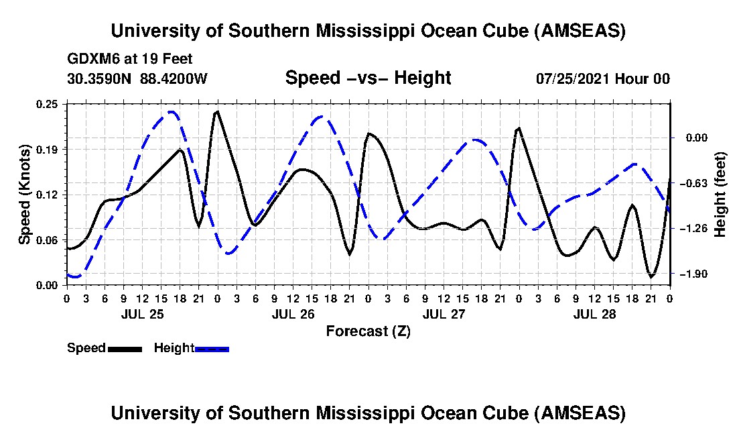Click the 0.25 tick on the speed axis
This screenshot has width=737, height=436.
[x=48, y=103]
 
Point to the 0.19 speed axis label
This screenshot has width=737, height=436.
[x=48, y=149]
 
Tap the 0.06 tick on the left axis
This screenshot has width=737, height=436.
[x=48, y=239]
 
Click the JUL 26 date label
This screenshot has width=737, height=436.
[x=293, y=314]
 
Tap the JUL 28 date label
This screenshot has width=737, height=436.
[x=594, y=314]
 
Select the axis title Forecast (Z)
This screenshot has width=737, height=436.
[x=368, y=331]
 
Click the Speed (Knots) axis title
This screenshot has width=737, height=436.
[x=24, y=194]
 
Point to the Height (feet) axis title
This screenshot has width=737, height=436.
[x=721, y=194]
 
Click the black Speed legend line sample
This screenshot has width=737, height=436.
[x=125, y=349]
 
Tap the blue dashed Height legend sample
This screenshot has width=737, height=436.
[x=212, y=349]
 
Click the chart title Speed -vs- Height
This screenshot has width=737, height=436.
[x=368, y=78]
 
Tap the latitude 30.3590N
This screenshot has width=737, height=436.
[x=100, y=78]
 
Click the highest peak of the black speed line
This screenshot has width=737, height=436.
[x=216, y=111]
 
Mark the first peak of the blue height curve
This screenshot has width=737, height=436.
[x=172, y=112]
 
